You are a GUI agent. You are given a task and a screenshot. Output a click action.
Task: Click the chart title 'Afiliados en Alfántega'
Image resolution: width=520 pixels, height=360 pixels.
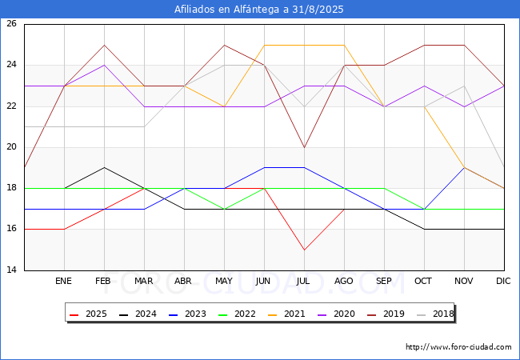click(227, 10)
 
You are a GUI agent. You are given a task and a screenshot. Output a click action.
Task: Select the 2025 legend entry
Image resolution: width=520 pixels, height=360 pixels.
click(88, 314)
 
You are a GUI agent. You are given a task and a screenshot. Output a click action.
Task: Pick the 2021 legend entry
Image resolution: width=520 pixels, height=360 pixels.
click(286, 314)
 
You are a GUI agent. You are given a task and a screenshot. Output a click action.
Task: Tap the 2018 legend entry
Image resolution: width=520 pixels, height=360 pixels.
click(435, 314)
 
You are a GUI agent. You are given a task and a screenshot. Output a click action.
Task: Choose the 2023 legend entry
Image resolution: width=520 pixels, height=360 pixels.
click(187, 314)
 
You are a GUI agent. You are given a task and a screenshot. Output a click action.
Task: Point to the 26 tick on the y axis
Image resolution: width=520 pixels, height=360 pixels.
click(11, 23)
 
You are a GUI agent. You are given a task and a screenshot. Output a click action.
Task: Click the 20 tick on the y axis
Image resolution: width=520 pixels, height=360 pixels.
click(11, 146)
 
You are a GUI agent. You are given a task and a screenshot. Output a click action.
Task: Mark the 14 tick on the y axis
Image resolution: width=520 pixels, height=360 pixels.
click(11, 270)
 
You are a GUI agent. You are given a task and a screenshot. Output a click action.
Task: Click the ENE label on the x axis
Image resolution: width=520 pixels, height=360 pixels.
click(63, 281)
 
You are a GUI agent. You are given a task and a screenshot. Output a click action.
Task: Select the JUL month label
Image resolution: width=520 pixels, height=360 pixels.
click(303, 281)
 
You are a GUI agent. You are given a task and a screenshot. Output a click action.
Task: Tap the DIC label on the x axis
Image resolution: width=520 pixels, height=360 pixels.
click(503, 281)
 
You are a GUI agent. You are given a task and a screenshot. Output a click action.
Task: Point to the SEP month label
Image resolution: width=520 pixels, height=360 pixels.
click(384, 281)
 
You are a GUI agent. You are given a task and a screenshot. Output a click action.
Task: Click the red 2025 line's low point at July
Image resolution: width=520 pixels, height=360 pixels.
click(305, 250)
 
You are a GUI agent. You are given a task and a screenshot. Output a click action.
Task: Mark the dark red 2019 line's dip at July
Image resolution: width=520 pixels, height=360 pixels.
click(305, 147)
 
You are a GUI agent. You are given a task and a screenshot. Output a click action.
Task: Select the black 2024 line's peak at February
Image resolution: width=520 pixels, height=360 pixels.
click(105, 168)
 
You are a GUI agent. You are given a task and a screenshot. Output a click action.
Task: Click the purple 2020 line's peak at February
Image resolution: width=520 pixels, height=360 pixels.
click(105, 66)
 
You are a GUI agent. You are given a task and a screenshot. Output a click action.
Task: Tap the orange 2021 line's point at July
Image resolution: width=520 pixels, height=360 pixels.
click(305, 45)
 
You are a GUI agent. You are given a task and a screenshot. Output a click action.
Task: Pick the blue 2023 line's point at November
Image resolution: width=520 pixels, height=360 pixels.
click(464, 168)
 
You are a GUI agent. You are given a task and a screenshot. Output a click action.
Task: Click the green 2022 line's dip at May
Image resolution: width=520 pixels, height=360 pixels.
click(225, 209)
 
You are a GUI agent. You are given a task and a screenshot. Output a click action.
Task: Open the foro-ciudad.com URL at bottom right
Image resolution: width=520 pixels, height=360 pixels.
click(458, 347)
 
